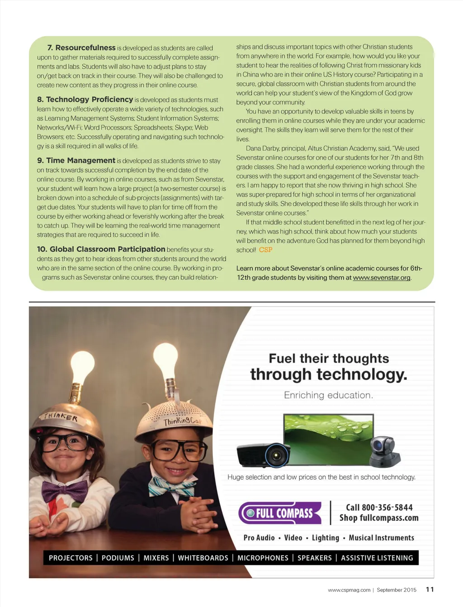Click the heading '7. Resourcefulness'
coord(81,47)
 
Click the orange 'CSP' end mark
coord(265,250)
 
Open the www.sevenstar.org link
coord(382,277)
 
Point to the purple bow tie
coord(65,491)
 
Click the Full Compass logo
coord(280,513)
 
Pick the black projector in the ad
coord(264,454)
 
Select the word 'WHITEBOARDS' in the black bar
coord(203,558)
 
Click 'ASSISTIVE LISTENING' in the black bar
coord(377,558)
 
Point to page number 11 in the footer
coord(430,589)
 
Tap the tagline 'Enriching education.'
coord(328,395)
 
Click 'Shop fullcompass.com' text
coord(379,518)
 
